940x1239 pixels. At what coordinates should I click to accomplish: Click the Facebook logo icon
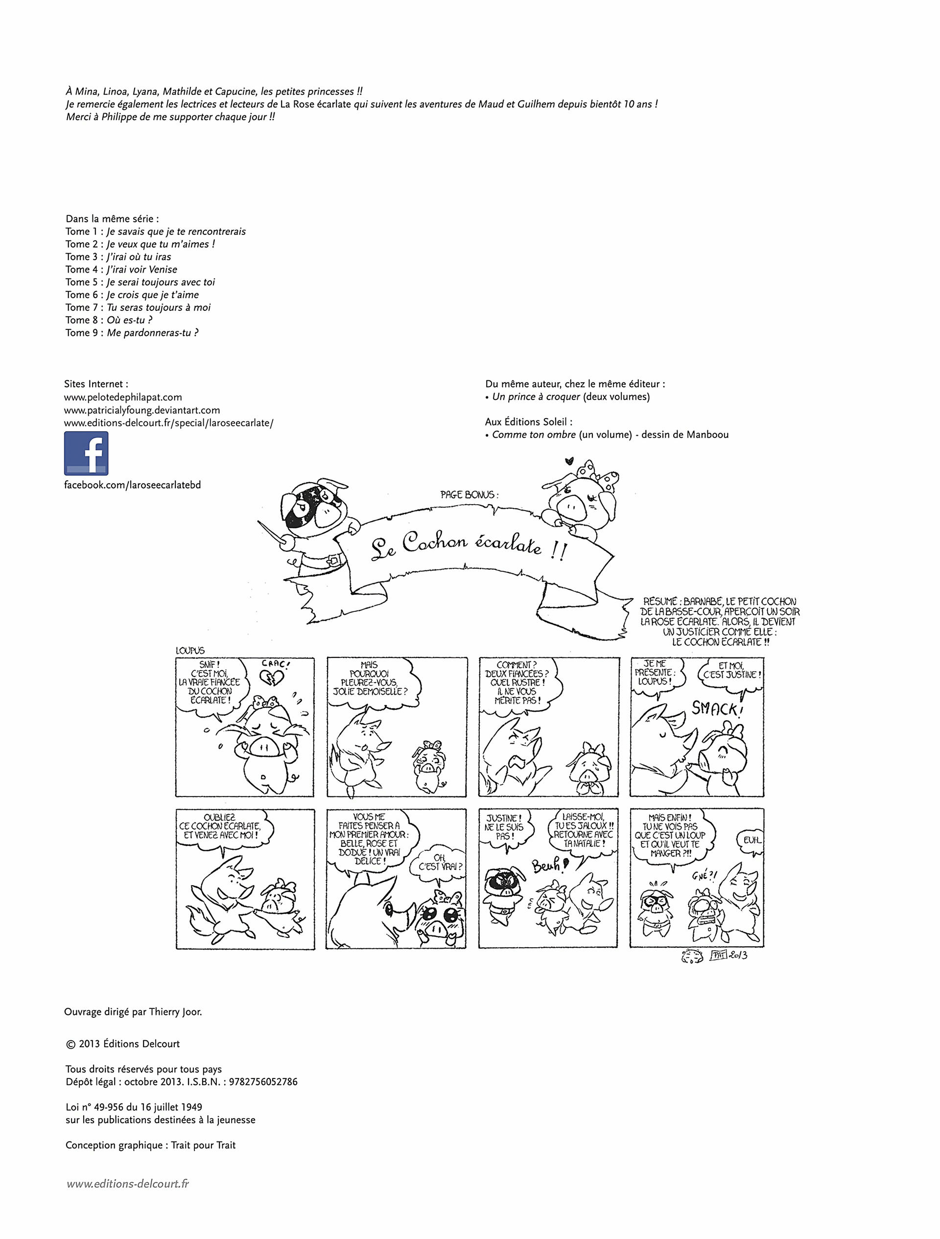pos(86,453)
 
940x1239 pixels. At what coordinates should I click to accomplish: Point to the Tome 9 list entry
pos(132,333)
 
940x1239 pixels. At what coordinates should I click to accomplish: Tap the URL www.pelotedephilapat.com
pos(123,397)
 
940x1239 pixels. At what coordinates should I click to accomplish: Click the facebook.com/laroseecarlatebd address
pos(132,485)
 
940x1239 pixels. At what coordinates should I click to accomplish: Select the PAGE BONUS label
pos(469,494)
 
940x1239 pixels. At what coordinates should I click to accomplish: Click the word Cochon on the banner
pos(434,541)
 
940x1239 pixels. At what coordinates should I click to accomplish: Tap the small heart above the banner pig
pos(569,462)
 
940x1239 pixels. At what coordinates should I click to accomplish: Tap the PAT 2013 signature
pos(728,956)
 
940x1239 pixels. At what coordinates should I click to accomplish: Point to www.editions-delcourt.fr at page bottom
pos(128,1184)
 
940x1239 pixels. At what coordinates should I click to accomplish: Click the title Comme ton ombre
pos(533,435)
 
